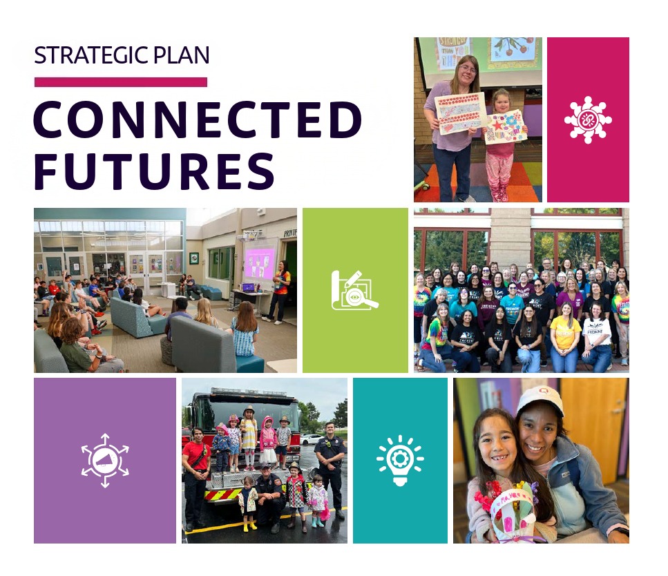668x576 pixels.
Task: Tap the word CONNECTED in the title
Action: coord(198,119)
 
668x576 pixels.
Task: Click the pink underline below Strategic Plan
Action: coord(120,82)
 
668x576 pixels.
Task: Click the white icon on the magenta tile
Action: coord(588,119)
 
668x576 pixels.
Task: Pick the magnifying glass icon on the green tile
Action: coord(355,291)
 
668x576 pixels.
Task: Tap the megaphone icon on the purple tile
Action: coord(105,460)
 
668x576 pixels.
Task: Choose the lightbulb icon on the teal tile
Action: coord(400,460)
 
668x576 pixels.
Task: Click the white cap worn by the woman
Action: coord(540,399)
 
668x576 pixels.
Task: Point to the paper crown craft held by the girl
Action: coord(510,504)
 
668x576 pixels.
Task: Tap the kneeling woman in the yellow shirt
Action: coord(565,335)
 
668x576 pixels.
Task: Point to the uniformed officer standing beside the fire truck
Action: coord(330,463)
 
